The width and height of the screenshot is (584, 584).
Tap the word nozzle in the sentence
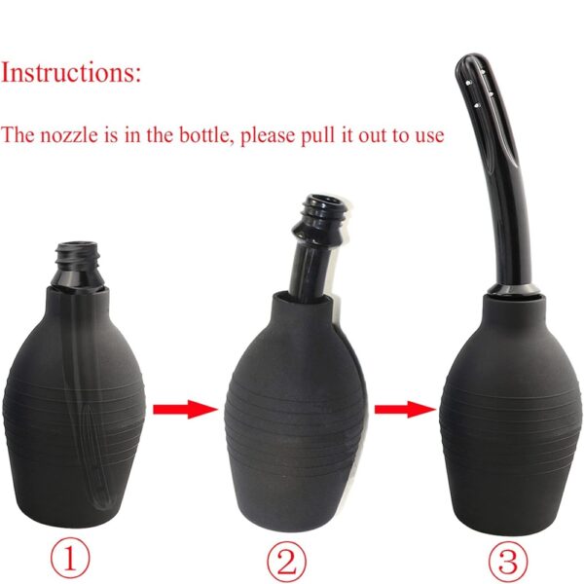click(x=69, y=135)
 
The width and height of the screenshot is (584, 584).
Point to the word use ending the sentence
click(x=430, y=136)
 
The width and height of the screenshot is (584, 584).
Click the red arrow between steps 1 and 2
click(x=185, y=410)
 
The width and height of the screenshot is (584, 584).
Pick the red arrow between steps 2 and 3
click(x=405, y=410)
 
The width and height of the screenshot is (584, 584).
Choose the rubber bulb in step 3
click(x=510, y=414)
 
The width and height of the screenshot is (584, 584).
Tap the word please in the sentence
click(x=268, y=136)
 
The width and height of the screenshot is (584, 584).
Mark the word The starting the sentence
click(x=18, y=135)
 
